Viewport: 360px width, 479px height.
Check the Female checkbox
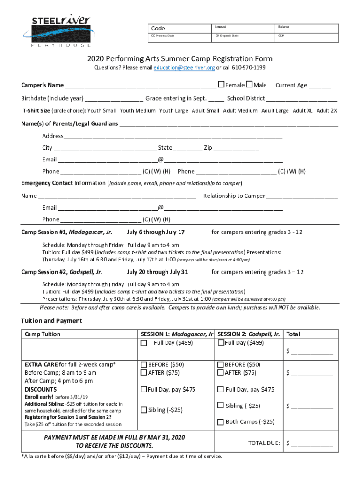click(221, 84)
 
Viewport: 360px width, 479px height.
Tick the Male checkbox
click(249, 84)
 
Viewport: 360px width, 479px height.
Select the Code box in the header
click(178, 28)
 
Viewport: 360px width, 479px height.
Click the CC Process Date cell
click(178, 36)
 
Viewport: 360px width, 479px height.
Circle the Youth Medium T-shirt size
click(137, 111)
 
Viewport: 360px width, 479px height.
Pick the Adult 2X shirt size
click(327, 111)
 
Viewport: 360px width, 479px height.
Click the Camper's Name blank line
click(140, 86)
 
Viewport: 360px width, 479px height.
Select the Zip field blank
click(236, 149)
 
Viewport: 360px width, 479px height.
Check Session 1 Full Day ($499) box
click(144, 343)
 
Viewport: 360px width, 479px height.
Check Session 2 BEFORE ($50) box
click(221, 364)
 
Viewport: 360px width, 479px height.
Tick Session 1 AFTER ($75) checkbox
click(144, 373)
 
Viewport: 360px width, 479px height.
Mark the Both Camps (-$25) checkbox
click(221, 422)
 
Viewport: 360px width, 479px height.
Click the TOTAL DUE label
click(264, 443)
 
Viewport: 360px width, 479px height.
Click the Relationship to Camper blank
click(302, 197)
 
